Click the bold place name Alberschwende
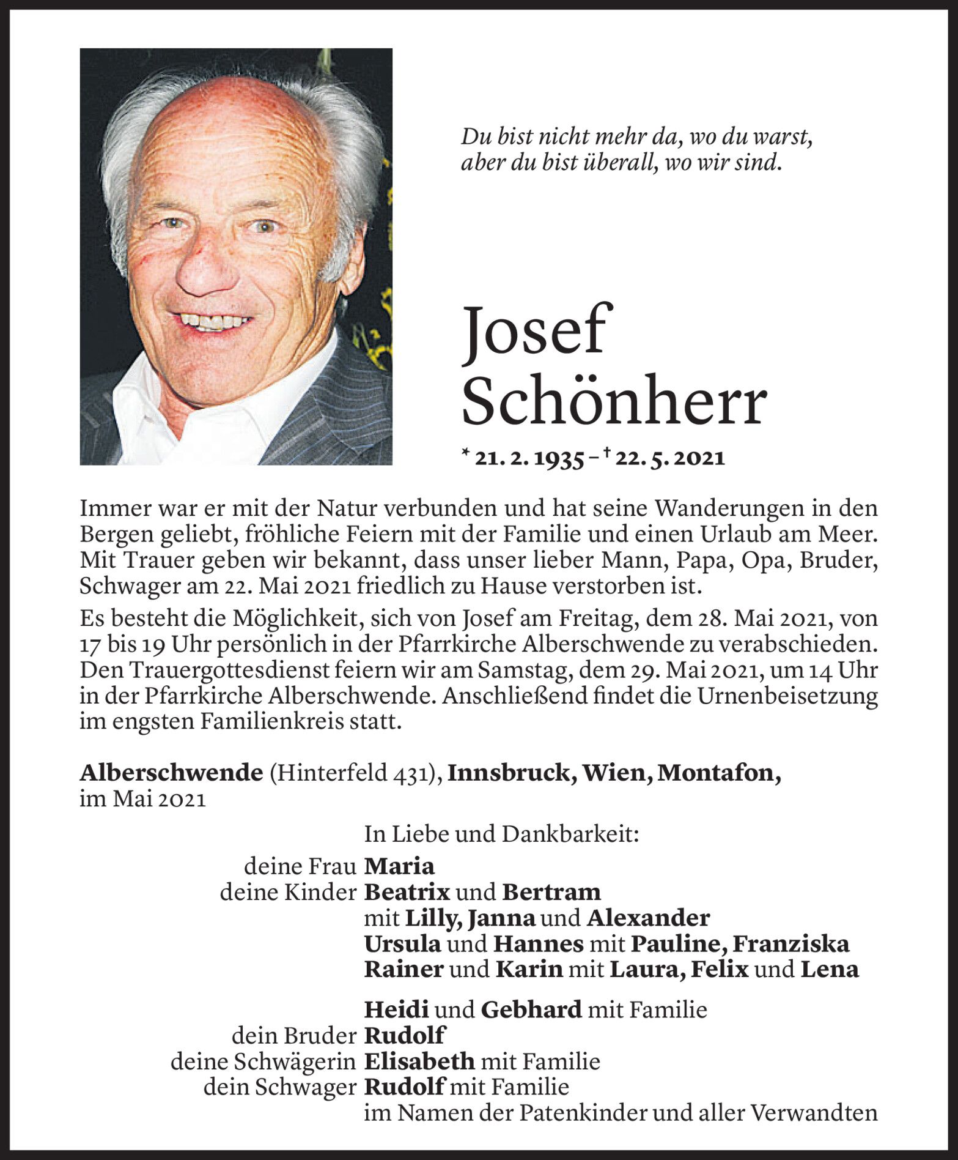click(171, 773)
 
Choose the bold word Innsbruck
click(512, 773)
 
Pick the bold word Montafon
click(718, 773)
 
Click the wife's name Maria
click(399, 866)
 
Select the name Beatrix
click(407, 892)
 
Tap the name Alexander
click(648, 918)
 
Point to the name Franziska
click(790, 944)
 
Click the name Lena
click(830, 970)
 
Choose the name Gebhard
click(531, 1009)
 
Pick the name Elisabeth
click(419, 1061)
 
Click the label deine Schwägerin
click(263, 1061)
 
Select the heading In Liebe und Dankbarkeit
click(501, 834)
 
